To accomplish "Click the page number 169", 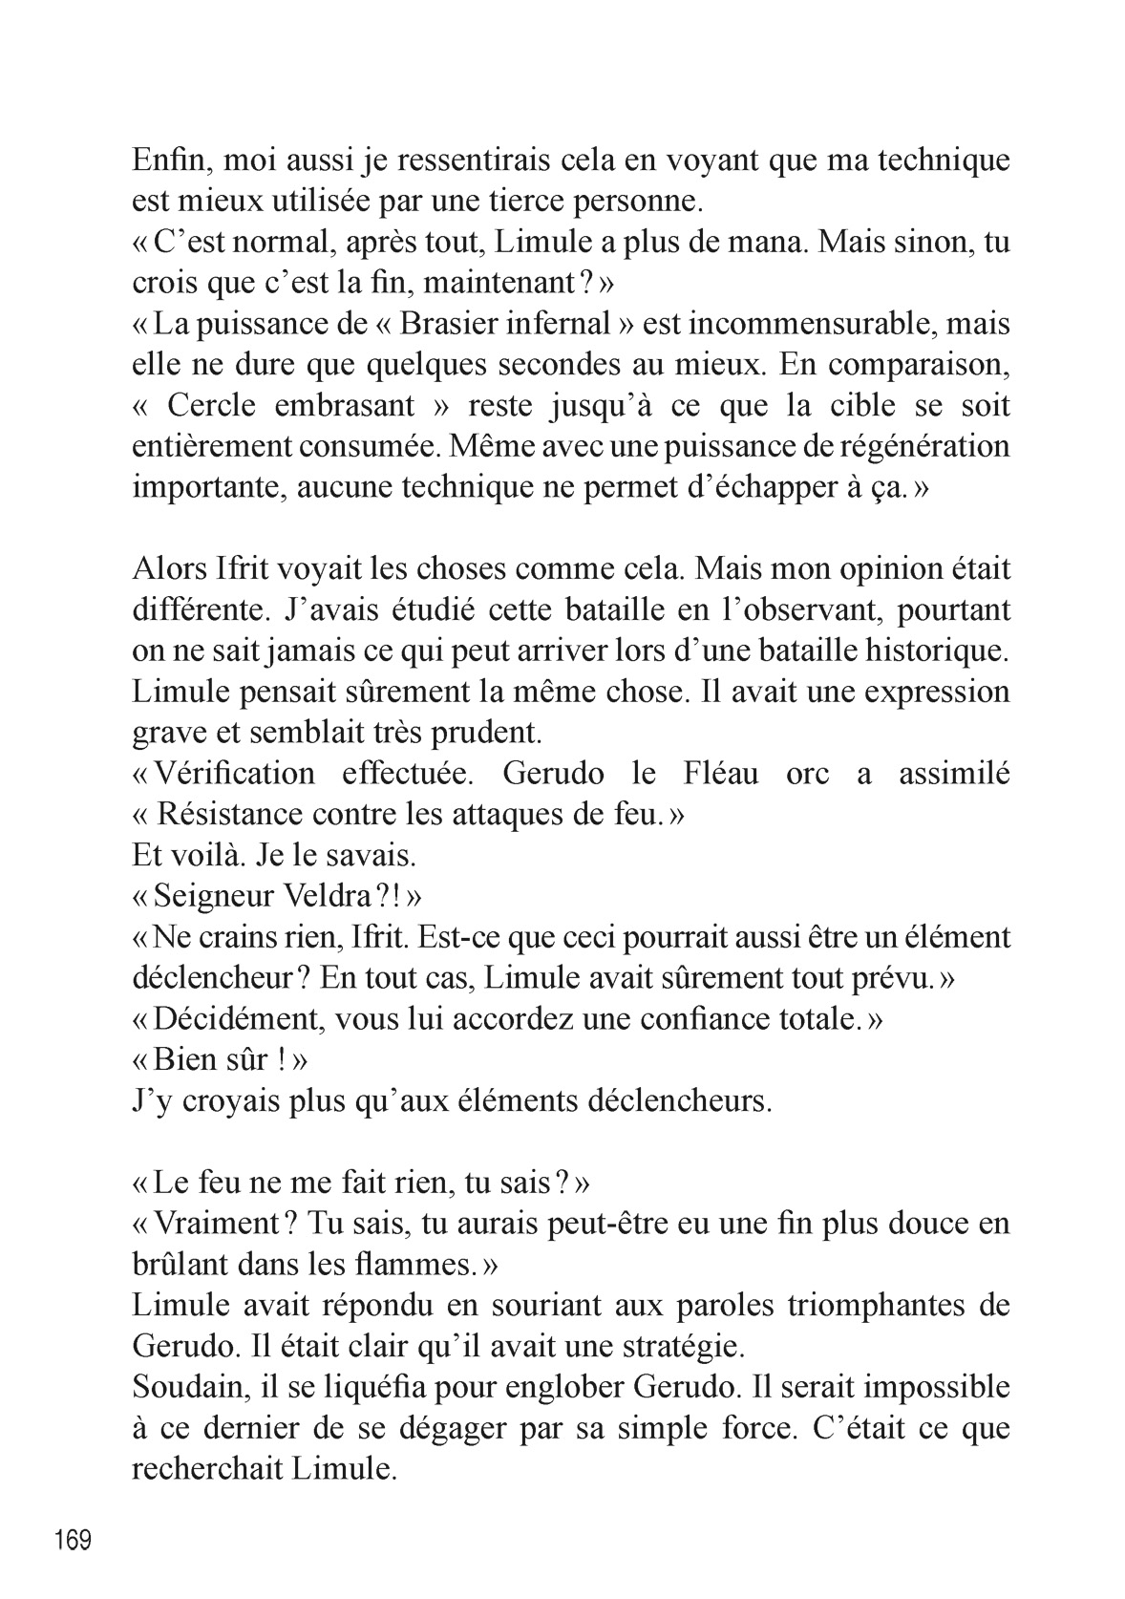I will tap(74, 1541).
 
